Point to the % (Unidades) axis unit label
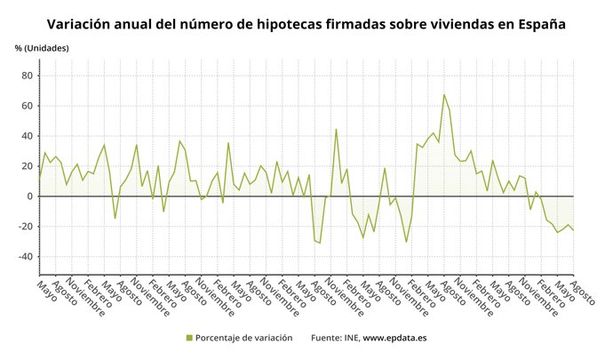42,47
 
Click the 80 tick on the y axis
27,76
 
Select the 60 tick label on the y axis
27,106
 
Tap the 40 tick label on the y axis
27,136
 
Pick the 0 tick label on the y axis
29,196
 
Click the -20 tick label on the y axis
25,227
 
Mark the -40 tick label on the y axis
25,257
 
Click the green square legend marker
189,338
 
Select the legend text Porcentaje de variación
243,338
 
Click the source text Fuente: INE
334,338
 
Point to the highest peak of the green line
443,94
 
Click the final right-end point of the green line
574,230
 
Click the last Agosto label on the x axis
582,292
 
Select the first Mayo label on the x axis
46,290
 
